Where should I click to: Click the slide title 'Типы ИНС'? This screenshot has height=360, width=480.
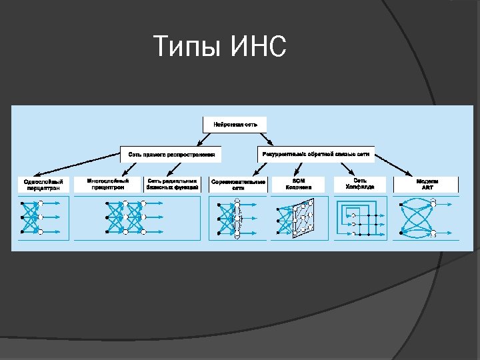point(219,47)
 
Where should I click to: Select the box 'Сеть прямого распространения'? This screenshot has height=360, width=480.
point(171,154)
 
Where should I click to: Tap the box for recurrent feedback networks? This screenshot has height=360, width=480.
point(315,154)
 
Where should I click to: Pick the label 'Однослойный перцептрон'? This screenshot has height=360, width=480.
point(43,185)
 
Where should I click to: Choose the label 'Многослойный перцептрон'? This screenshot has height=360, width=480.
point(107,184)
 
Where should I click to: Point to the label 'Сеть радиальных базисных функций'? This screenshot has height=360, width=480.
point(172,184)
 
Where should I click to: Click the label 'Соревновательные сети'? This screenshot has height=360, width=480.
point(238,185)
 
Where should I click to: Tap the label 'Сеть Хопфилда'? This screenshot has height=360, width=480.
point(360,184)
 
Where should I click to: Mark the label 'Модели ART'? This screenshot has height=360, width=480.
point(427,184)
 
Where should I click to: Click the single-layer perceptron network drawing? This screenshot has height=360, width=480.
point(41,218)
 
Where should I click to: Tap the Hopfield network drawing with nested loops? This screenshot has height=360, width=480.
point(360,219)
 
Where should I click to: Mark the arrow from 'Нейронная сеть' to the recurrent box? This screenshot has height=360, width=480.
point(266,139)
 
